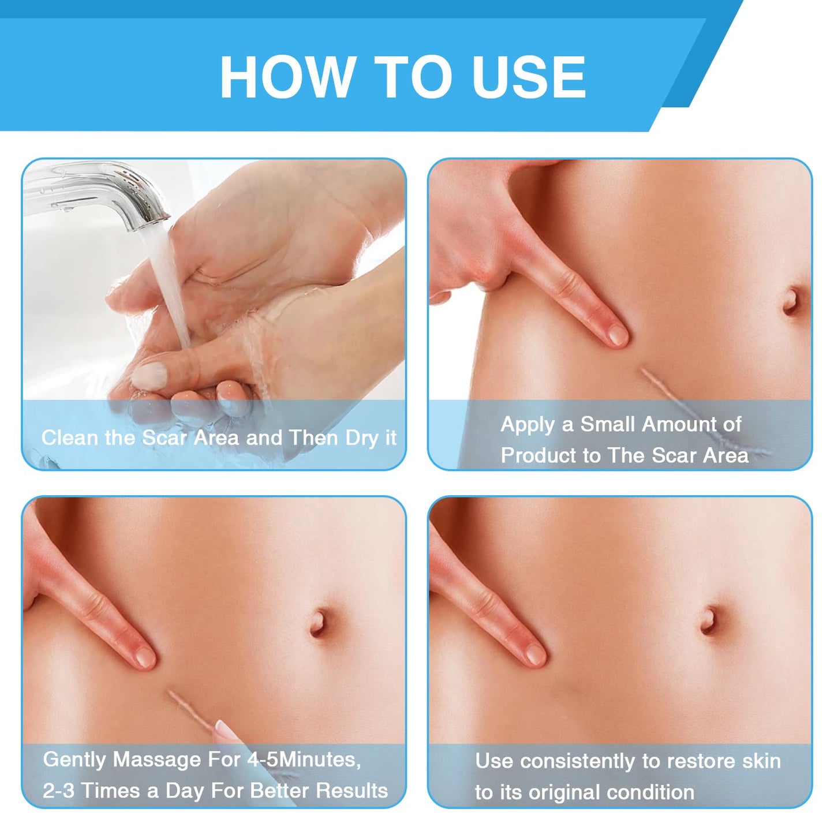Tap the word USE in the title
tap(530, 77)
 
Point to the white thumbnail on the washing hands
tap(149, 375)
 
